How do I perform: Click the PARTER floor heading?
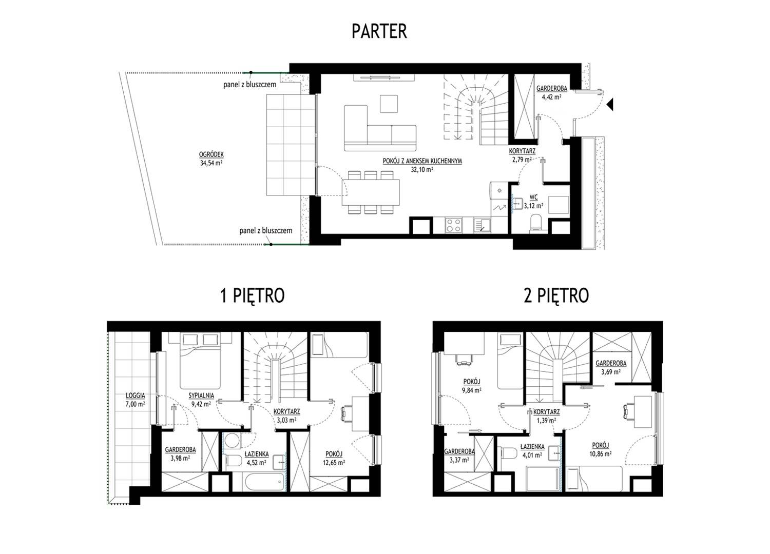(x=379, y=31)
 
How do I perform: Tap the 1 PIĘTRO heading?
(x=253, y=295)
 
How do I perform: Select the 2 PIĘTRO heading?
(x=556, y=295)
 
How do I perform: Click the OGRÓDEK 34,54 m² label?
(x=211, y=159)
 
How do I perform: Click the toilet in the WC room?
(x=536, y=223)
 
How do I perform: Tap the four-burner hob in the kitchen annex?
(x=453, y=225)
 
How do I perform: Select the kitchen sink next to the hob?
(x=483, y=225)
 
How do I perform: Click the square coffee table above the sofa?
(x=389, y=104)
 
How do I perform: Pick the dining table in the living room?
(x=371, y=192)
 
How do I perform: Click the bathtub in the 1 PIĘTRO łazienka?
(x=265, y=482)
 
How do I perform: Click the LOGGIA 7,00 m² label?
(x=135, y=400)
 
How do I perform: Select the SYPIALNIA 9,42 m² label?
(x=201, y=400)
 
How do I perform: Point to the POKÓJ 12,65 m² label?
(x=334, y=459)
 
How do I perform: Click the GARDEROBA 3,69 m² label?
(x=611, y=367)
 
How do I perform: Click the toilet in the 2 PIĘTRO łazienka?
(x=509, y=453)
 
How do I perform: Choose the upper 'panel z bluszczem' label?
(x=249, y=85)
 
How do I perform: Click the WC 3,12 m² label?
(x=533, y=202)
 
